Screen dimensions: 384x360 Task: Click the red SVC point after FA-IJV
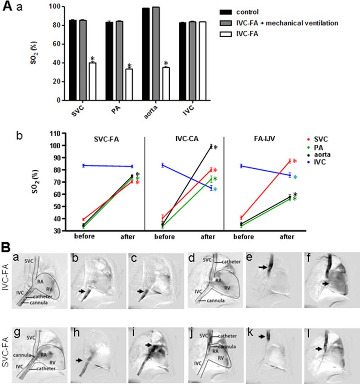[290, 161]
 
